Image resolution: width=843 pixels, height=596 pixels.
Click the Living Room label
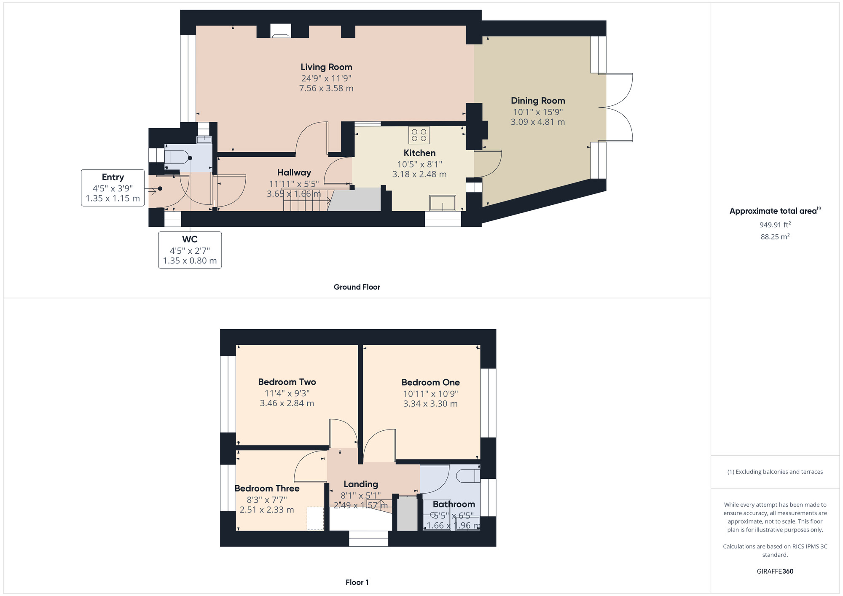point(326,67)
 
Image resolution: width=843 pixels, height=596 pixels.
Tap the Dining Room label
point(538,101)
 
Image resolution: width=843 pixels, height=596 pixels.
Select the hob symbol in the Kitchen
point(419,135)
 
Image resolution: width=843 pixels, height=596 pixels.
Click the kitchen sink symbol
point(443,203)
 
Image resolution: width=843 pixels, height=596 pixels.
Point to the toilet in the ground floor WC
point(176,157)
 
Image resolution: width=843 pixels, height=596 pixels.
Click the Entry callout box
point(113,188)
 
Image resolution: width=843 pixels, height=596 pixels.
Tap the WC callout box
point(190,250)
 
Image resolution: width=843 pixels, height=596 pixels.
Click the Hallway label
point(294,172)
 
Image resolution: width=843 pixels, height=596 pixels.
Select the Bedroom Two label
point(287,382)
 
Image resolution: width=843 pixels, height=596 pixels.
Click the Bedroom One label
point(430,382)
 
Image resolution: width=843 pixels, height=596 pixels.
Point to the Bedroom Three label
point(267,489)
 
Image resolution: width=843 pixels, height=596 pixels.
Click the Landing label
point(361,484)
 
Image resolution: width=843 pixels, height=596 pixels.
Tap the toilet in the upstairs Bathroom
point(468,475)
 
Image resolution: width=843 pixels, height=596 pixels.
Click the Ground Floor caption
point(357,287)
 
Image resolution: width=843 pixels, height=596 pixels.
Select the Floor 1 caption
point(357,583)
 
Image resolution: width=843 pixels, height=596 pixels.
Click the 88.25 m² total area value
point(775,236)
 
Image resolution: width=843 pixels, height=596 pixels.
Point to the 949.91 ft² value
point(775,225)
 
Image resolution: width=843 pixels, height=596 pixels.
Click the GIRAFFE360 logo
point(775,572)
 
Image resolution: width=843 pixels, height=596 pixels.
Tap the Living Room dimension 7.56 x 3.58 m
point(326,89)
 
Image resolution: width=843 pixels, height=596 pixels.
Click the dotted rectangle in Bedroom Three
point(315,518)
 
